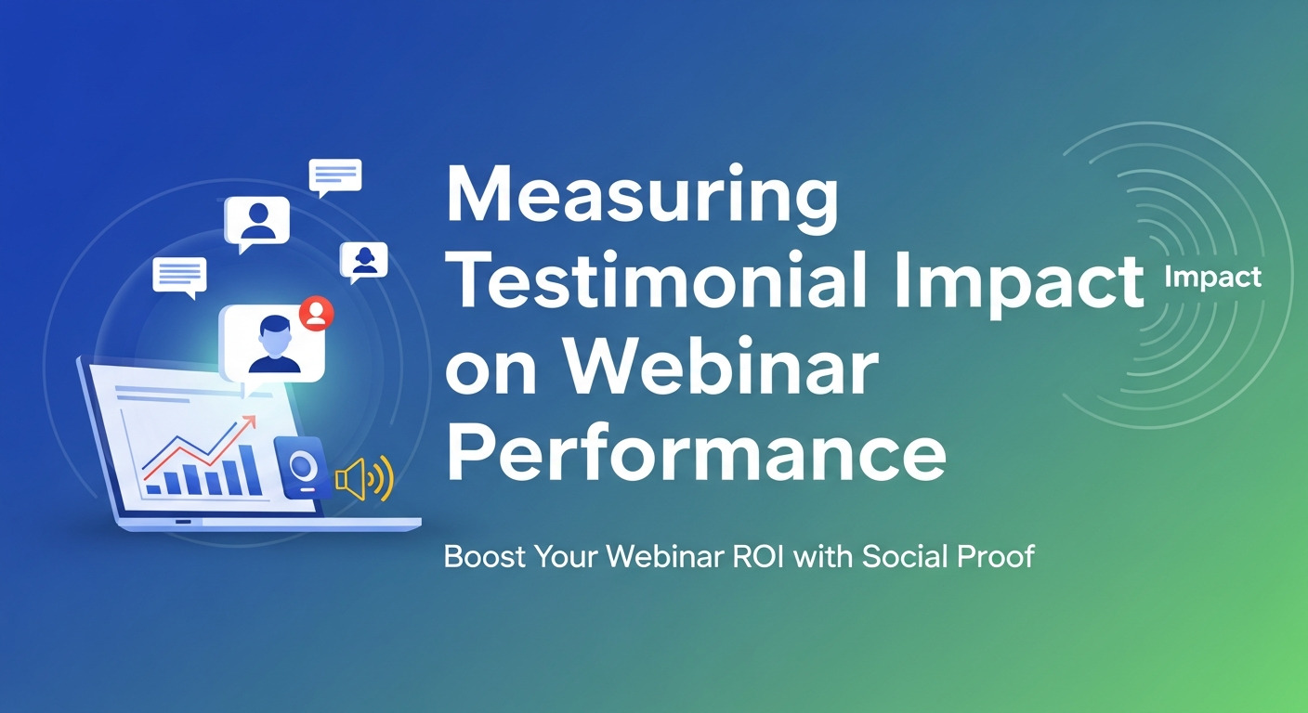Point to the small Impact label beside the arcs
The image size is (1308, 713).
pyautogui.click(x=1213, y=277)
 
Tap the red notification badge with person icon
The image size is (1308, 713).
pyautogui.click(x=317, y=314)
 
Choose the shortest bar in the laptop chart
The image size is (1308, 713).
pyautogui.click(x=152, y=485)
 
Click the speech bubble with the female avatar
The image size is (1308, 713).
pyautogui.click(x=363, y=261)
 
